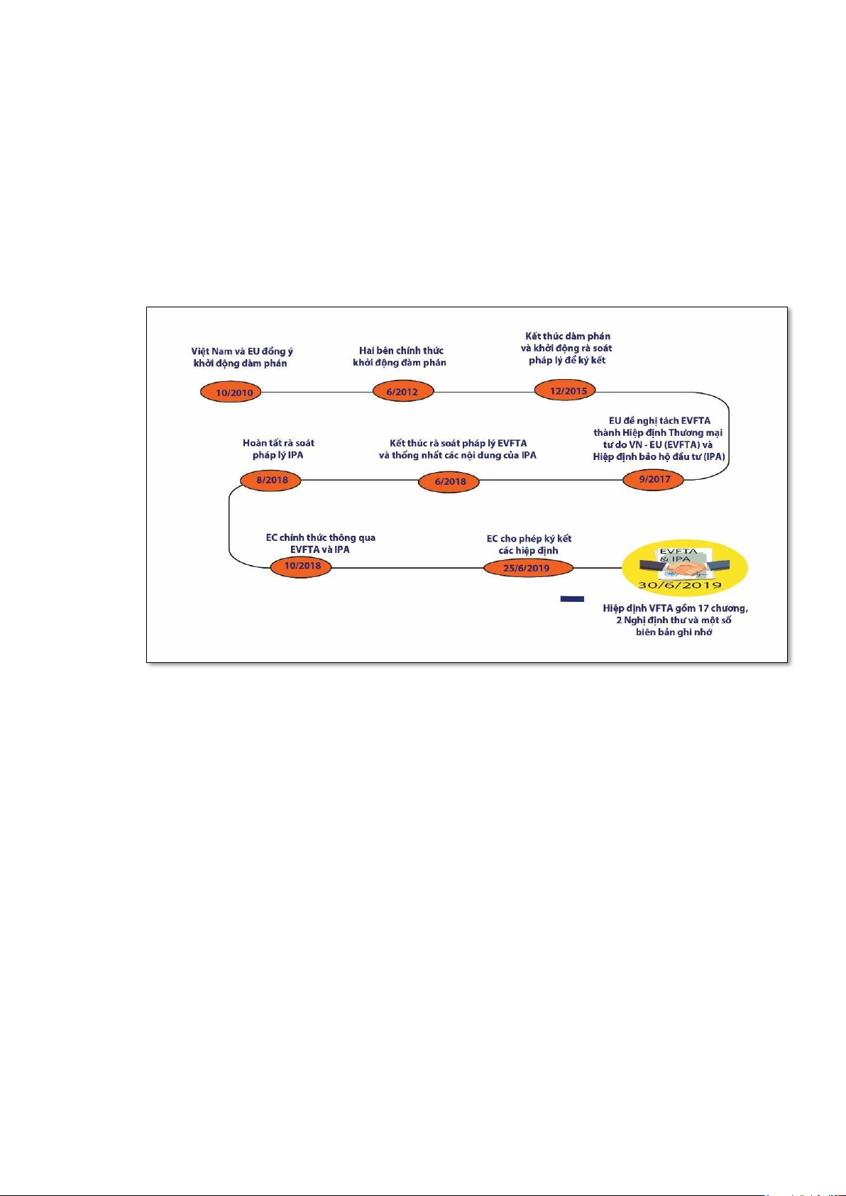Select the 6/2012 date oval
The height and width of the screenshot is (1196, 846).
pos(402,392)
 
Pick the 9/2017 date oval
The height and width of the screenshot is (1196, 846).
pos(654,479)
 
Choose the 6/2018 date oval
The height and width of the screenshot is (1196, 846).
pos(450,481)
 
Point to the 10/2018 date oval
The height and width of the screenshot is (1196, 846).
pos(302,566)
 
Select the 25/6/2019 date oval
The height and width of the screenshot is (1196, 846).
pos(526,568)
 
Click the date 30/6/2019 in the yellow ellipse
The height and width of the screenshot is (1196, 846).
pos(681,586)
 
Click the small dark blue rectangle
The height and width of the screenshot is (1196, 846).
pos(572,599)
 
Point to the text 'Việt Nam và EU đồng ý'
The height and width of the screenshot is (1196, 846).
pos(241,351)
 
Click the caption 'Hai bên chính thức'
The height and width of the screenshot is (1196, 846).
pos(401,351)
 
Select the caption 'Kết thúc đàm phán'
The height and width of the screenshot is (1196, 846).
pos(568,336)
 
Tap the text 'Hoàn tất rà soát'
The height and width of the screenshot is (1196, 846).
pos(278,443)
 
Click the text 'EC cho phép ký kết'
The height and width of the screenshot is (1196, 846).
pos(529,539)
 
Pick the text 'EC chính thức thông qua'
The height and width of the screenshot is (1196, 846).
pos(320,538)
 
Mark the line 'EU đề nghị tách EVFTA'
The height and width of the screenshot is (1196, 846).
pos(659,421)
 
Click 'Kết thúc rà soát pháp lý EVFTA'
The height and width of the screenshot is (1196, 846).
pos(458,443)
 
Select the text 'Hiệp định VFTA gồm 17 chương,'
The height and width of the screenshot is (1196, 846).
pos(675,608)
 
